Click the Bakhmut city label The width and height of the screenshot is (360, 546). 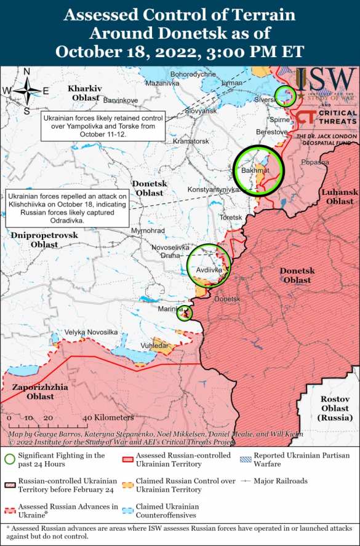coord(255,169)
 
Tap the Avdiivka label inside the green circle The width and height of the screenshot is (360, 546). coord(209,269)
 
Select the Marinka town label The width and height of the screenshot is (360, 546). coord(169,309)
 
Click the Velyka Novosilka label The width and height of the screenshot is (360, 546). coord(91,332)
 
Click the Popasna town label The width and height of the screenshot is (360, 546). coord(315,162)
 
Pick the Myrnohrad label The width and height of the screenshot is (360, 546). coord(148,231)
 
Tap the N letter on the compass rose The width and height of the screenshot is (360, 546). coord(27,71)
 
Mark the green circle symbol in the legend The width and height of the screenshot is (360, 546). coord(9,459)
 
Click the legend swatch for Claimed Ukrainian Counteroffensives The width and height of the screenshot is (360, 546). coord(128,510)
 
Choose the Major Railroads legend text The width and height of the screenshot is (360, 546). coord(282,481)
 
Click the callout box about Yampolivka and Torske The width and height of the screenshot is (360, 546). coord(103,125)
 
